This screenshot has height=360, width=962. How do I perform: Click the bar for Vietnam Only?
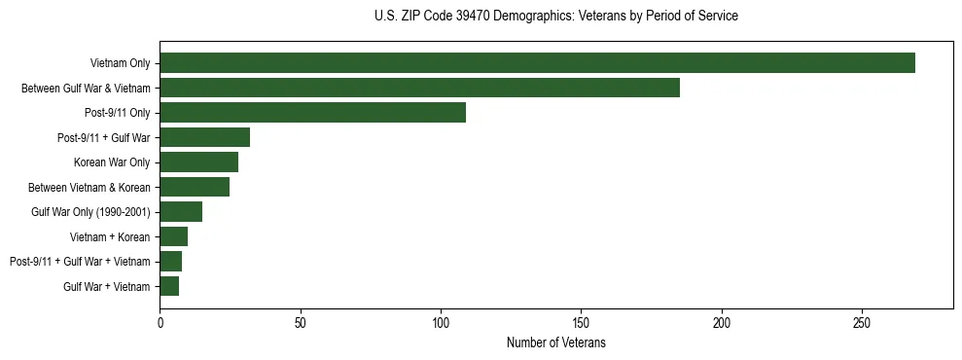pyautogui.click(x=537, y=63)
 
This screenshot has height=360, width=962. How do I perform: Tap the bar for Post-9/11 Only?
pyautogui.click(x=312, y=113)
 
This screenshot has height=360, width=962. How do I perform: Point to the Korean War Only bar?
pyautogui.click(x=198, y=162)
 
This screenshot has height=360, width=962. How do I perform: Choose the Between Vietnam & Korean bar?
pyautogui.click(x=195, y=187)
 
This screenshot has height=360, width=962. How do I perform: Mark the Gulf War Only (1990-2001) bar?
pyautogui.click(x=181, y=212)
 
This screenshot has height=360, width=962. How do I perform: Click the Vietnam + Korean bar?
pyautogui.click(x=173, y=236)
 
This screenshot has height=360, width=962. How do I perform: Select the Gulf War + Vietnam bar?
pyautogui.click(x=169, y=286)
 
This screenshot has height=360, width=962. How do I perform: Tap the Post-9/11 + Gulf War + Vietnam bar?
pyautogui.click(x=170, y=262)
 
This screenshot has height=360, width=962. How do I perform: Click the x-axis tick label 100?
pyautogui.click(x=441, y=322)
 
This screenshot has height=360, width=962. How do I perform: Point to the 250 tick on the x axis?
pyautogui.click(x=862, y=322)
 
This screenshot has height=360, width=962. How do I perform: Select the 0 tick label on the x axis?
pyautogui.click(x=160, y=322)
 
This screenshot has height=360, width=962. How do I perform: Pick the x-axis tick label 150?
pyautogui.click(x=581, y=322)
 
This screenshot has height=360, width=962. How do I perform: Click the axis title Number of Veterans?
pyautogui.click(x=555, y=342)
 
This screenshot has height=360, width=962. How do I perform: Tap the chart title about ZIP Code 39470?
pyautogui.click(x=555, y=16)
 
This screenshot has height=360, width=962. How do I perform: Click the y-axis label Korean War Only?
pyautogui.click(x=112, y=162)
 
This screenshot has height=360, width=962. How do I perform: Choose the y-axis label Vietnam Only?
pyautogui.click(x=120, y=63)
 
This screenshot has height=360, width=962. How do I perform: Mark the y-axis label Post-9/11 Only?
pyautogui.click(x=118, y=113)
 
